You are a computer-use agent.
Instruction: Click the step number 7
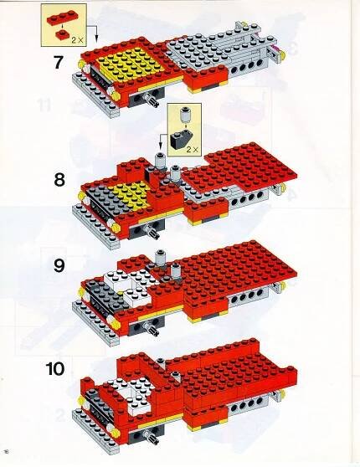tap(59, 62)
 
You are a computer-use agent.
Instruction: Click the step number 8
tap(59, 180)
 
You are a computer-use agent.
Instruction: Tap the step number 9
tap(59, 265)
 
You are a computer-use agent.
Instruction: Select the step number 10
tap(55, 369)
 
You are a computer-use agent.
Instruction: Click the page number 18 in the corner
tap(6, 459)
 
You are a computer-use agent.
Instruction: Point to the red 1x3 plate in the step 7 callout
tap(61, 18)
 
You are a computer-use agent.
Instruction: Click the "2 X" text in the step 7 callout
tap(77, 40)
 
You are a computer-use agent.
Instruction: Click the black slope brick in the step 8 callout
tap(180, 139)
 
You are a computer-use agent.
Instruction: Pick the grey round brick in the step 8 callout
tap(185, 114)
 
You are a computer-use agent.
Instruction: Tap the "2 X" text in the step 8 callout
tap(193, 149)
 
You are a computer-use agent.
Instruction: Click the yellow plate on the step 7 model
tap(131, 65)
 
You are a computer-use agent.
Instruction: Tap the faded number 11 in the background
tap(44, 105)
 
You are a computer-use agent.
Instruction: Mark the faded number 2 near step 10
tap(60, 415)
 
